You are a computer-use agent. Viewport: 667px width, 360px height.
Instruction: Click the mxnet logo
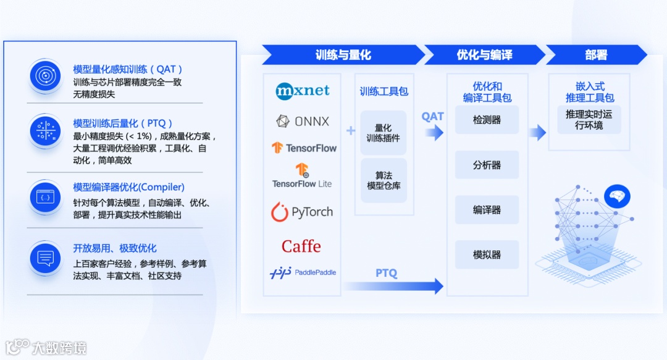(x=303, y=91)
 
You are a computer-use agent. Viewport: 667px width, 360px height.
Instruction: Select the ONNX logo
(x=303, y=121)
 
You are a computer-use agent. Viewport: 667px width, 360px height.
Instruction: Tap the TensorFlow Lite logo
(x=302, y=175)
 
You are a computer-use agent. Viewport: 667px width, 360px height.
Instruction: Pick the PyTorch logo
(x=302, y=212)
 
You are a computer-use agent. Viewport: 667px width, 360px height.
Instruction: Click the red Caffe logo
(x=301, y=246)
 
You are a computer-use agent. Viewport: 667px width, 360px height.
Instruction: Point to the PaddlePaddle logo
(x=303, y=272)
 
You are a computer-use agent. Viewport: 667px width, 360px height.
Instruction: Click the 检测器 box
(x=487, y=120)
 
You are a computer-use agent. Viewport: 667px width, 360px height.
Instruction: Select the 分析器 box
(x=487, y=165)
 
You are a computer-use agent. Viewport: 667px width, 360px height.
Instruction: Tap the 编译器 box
(x=487, y=210)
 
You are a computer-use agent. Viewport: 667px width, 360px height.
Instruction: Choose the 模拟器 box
(x=487, y=254)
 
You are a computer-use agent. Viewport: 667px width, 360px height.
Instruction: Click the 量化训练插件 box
(x=384, y=133)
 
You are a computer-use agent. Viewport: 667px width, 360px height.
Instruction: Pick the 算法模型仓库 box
(x=384, y=180)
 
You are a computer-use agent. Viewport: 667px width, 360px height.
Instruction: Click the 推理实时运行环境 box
(x=589, y=120)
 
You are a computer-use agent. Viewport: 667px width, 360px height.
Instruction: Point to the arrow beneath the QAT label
(x=434, y=132)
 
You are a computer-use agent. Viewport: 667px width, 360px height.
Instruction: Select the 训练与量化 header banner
(x=343, y=55)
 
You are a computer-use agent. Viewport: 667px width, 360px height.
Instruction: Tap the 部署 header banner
(x=596, y=55)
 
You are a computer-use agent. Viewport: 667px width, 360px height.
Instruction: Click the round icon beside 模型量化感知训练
(x=45, y=76)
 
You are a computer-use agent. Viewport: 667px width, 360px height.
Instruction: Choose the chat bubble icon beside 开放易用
(x=45, y=258)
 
